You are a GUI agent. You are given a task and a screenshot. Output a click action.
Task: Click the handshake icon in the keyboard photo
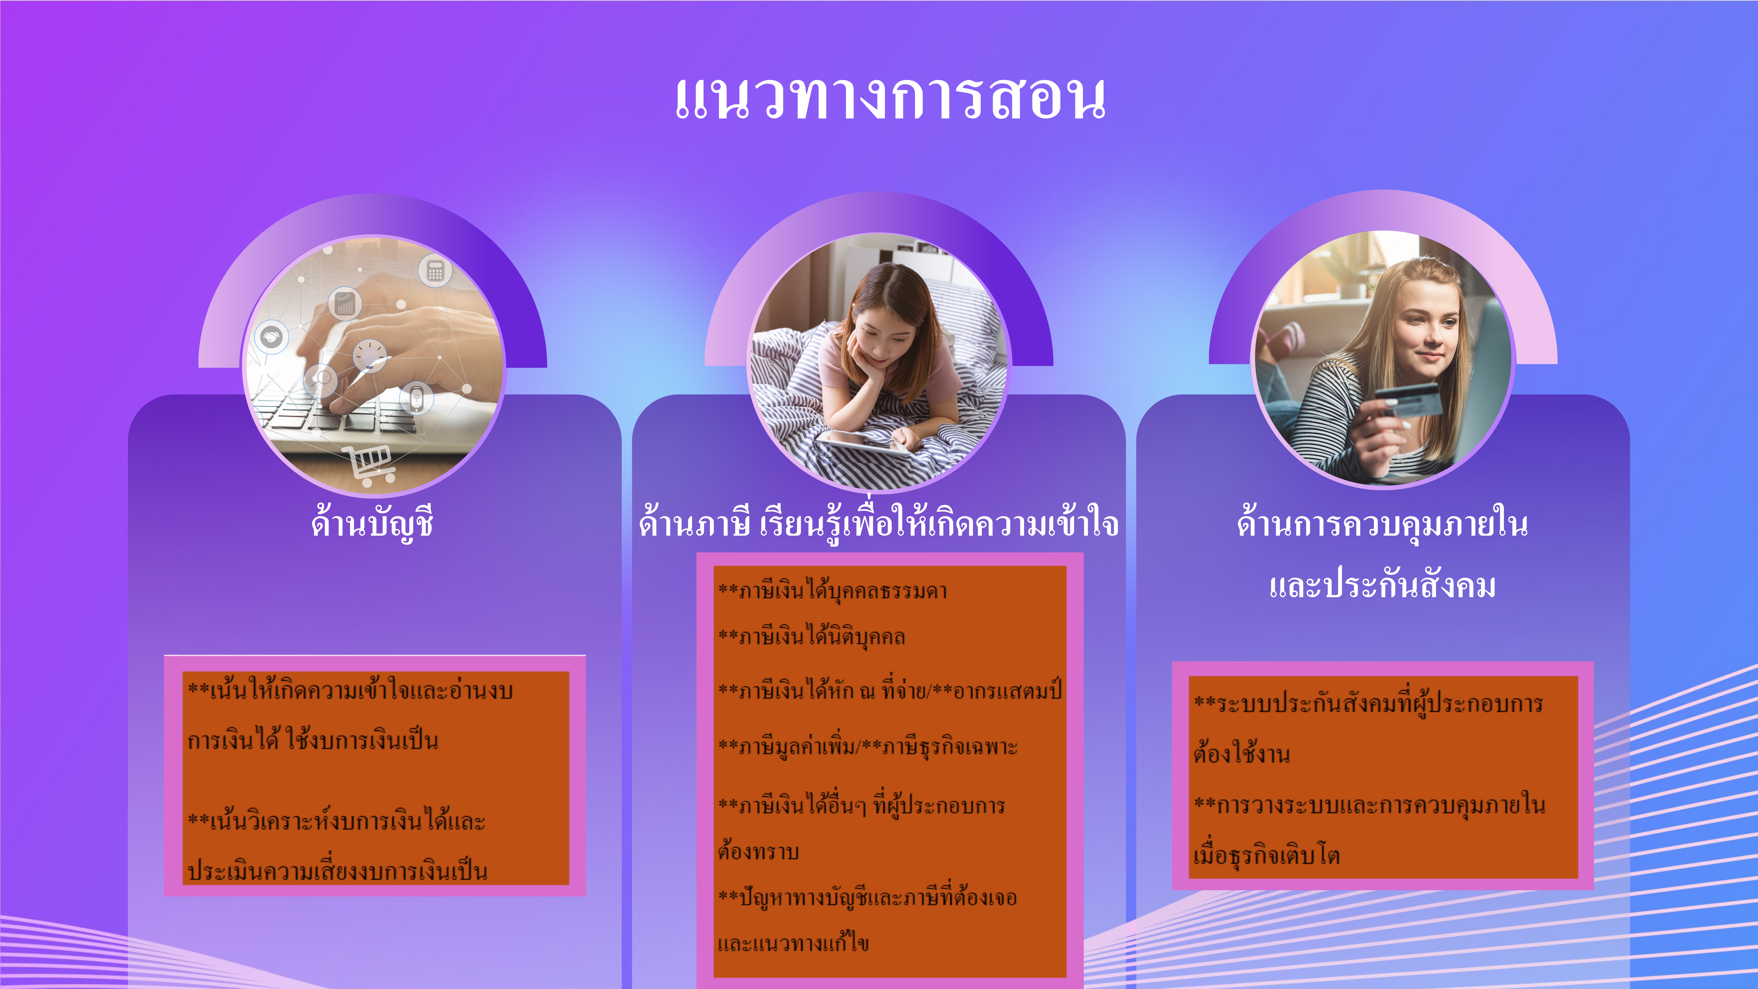(x=272, y=337)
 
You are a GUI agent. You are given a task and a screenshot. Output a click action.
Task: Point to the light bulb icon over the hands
(x=370, y=356)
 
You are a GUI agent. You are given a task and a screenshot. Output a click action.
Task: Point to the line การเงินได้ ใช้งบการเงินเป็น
(x=313, y=740)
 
